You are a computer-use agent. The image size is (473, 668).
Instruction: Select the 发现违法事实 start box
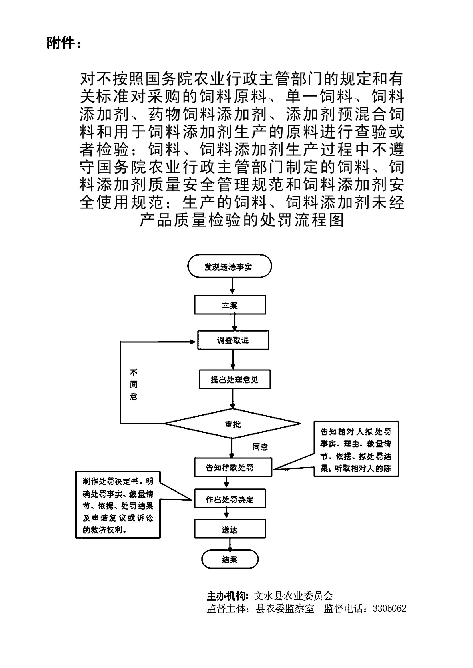tap(229, 266)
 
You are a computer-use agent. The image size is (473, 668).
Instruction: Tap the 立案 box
tap(230, 305)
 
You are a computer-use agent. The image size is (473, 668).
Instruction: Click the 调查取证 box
tap(233, 340)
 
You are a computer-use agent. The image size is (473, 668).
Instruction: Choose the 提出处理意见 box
tap(234, 379)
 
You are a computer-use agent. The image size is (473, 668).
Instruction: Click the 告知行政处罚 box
tap(233, 467)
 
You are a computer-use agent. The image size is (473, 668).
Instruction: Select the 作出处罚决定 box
tap(230, 499)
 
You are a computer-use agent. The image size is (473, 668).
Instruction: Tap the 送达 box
tap(230, 530)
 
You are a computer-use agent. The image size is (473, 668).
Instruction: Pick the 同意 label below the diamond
tap(260, 447)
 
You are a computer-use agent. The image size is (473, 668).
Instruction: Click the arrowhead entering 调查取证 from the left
tap(192, 342)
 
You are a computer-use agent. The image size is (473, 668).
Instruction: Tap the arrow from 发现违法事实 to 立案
tap(232, 286)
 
